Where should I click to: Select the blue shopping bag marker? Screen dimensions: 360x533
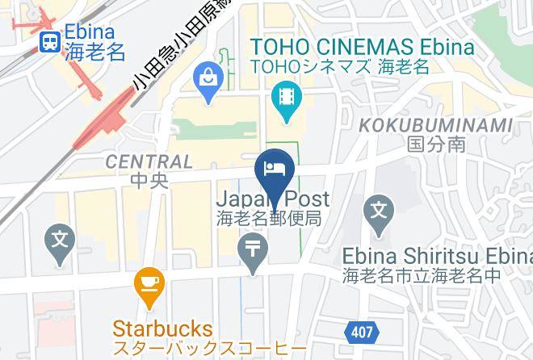[x=208, y=82]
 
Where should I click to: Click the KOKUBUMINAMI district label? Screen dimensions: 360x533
[x=435, y=125]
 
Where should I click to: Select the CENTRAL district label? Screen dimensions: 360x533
[x=149, y=161]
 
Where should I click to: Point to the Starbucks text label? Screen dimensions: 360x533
[x=162, y=329]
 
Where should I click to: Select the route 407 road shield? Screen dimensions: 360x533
[x=361, y=331]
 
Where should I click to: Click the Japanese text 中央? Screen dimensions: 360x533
[x=149, y=180]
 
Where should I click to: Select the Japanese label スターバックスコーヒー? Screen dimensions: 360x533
[x=209, y=350]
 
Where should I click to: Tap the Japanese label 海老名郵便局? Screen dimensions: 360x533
[x=269, y=218]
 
